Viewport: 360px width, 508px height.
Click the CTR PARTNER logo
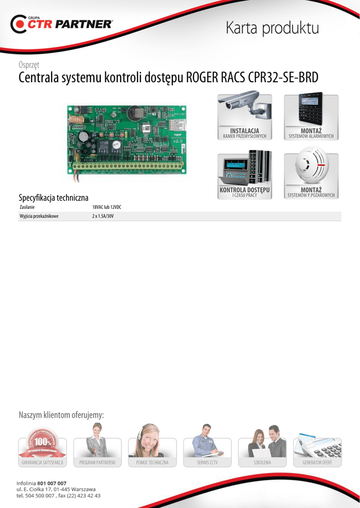[62, 24]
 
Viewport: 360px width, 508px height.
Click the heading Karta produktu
[272, 28]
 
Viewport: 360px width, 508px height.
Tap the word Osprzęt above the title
[29, 64]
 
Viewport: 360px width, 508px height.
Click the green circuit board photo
[127, 140]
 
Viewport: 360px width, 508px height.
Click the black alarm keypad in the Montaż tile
[310, 108]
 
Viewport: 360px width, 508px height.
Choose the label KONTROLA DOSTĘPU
[244, 190]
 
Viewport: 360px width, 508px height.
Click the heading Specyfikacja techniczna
[53, 197]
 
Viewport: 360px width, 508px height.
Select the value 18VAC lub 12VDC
[106, 207]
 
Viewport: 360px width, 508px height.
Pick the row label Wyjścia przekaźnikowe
[39, 216]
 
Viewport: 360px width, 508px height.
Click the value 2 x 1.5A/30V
[103, 216]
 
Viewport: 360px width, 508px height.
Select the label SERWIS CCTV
[207, 462]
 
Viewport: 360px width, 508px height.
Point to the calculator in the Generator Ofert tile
[327, 449]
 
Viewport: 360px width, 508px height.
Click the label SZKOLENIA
[262, 462]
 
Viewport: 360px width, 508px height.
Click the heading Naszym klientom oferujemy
[61, 415]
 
